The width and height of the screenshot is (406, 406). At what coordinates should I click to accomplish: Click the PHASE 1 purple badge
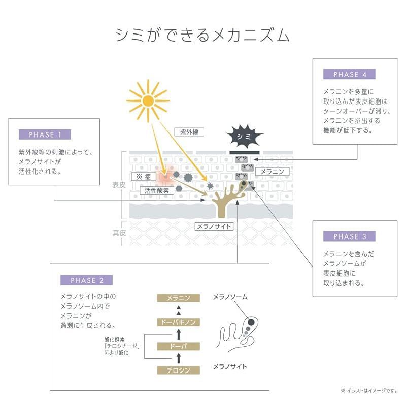[45, 134]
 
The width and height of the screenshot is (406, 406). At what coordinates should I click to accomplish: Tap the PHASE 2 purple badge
[86, 280]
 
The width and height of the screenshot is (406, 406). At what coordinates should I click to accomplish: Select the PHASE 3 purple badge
[349, 236]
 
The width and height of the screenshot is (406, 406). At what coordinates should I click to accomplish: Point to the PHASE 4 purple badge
[349, 74]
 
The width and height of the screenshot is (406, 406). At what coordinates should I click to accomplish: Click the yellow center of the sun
[148, 100]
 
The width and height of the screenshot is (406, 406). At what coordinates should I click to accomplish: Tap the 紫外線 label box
[189, 132]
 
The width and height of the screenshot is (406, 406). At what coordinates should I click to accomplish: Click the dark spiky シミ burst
[244, 136]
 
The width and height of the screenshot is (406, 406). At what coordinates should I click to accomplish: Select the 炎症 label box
[144, 177]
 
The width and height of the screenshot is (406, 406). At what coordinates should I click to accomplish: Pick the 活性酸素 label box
[157, 191]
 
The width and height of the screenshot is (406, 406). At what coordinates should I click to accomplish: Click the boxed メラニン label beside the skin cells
[272, 172]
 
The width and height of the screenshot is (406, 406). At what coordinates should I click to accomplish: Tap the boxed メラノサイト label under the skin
[214, 226]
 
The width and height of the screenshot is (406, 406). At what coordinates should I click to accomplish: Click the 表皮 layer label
[119, 185]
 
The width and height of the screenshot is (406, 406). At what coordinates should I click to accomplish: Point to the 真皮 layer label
[119, 233]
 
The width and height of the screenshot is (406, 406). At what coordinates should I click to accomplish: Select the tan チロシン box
[179, 370]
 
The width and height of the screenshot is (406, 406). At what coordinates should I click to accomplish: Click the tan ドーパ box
[179, 346]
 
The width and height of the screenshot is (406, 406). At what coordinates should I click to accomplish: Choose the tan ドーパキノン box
[179, 322]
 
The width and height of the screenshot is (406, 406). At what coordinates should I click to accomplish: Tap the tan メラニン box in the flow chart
[179, 298]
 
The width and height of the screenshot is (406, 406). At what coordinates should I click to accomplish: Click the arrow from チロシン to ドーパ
[179, 358]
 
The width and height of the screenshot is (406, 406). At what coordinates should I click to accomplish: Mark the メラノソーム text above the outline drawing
[230, 297]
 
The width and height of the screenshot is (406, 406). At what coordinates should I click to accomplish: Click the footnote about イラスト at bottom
[369, 390]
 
